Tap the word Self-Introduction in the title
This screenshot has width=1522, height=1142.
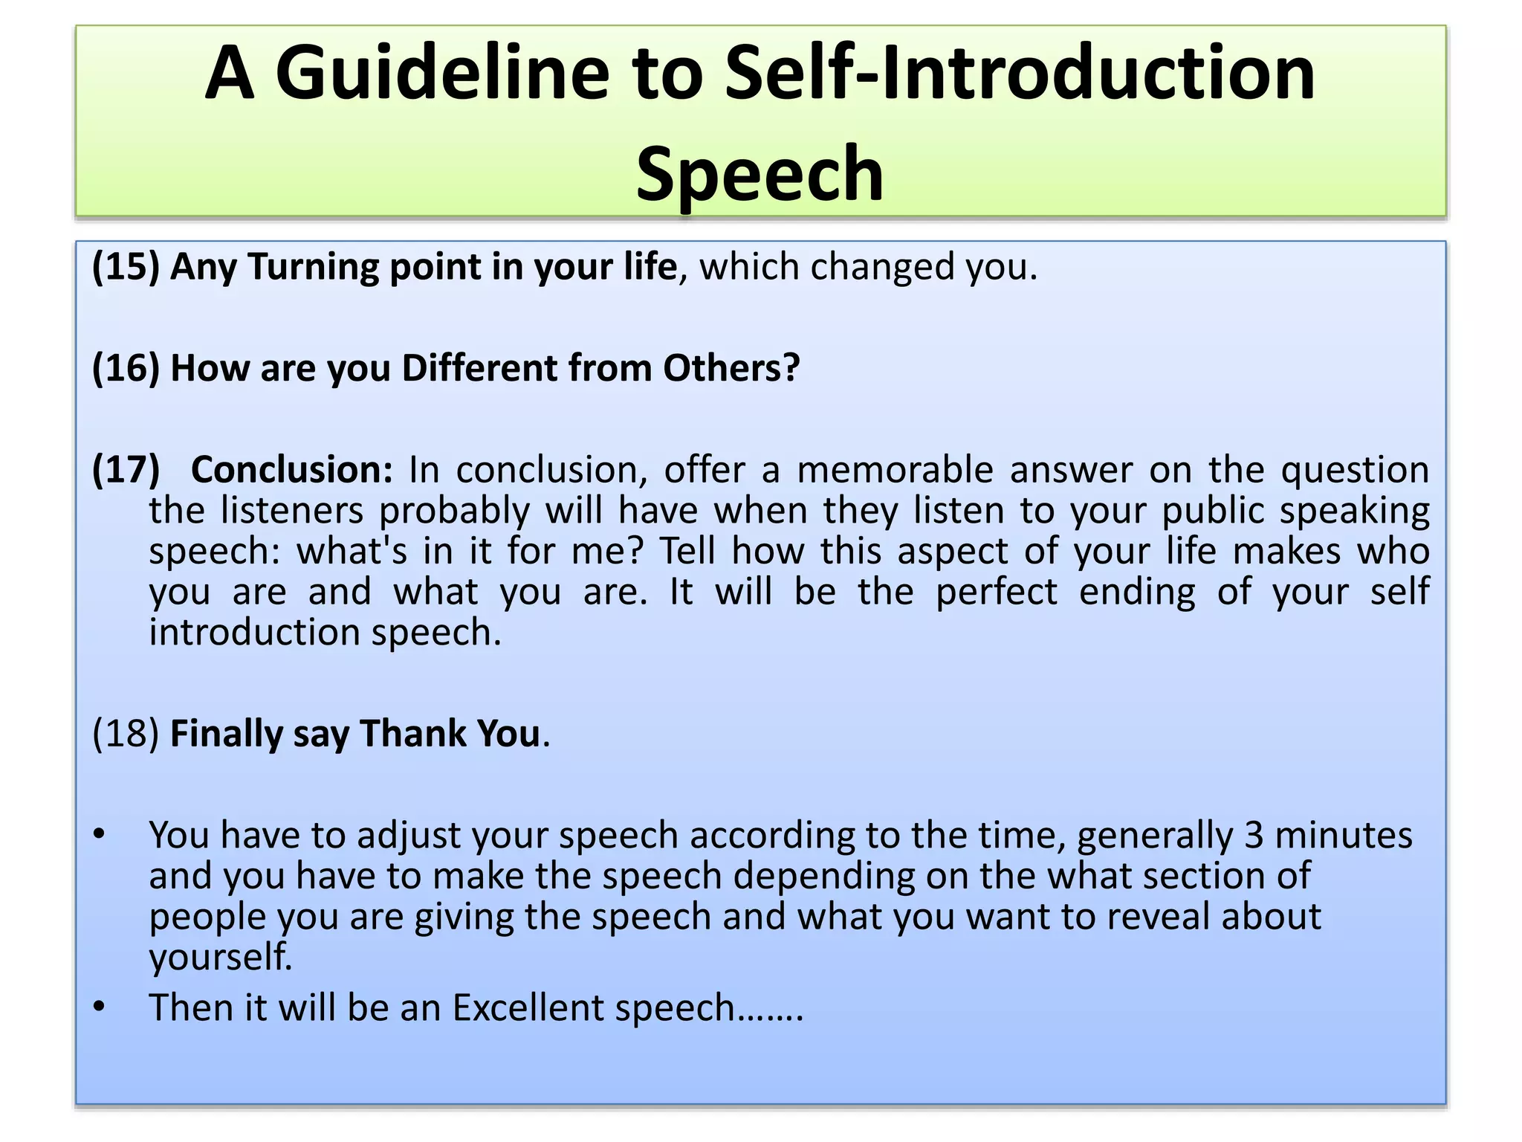1020,73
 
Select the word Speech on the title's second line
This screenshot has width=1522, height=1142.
760,174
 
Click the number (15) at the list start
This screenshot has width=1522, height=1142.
126,266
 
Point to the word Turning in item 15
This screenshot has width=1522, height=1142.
314,266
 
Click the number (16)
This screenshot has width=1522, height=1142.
126,368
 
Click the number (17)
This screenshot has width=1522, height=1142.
126,470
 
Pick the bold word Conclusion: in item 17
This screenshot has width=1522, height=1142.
291,470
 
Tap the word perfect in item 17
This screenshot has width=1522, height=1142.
996,592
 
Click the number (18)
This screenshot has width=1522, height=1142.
126,734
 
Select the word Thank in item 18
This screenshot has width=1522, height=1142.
412,734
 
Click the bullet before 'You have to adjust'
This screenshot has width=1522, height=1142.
100,835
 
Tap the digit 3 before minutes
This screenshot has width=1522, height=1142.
1254,835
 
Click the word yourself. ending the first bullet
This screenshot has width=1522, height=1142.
221,957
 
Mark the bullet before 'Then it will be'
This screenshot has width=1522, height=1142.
100,1007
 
